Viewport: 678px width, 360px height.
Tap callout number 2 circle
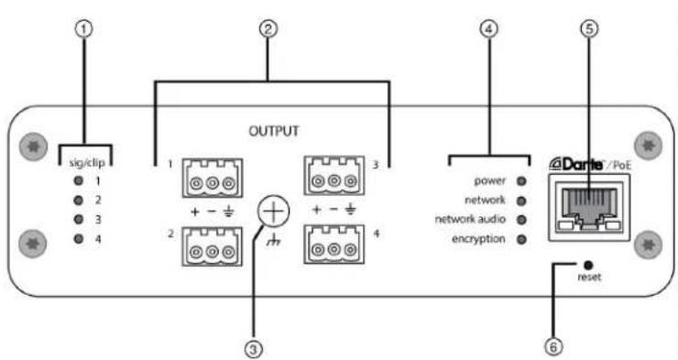point(268,28)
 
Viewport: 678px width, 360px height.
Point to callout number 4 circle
point(490,28)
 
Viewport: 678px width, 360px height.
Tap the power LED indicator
point(522,180)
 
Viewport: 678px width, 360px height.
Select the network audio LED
point(522,220)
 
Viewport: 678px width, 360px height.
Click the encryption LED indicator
point(522,240)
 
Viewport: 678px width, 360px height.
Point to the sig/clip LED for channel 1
point(80,180)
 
